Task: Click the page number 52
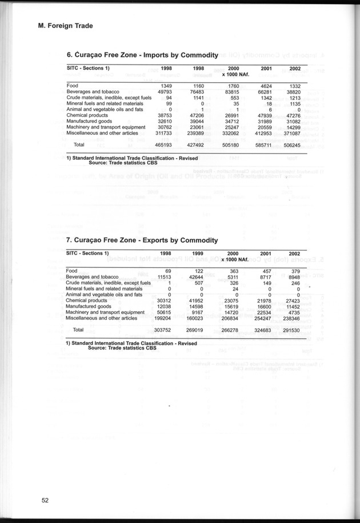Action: click(x=45, y=501)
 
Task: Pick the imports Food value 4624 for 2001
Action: click(x=262, y=86)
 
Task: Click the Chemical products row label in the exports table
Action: click(x=86, y=300)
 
